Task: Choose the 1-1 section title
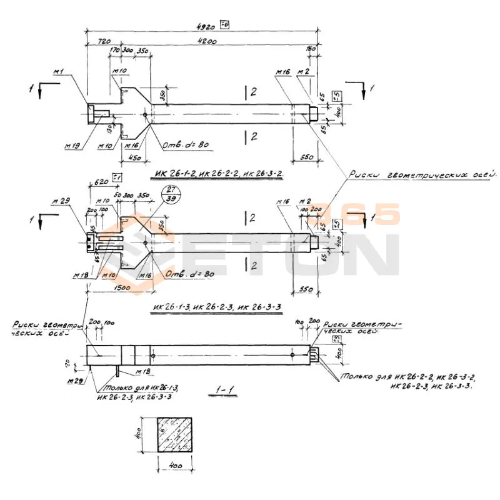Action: pyautogui.click(x=222, y=391)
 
